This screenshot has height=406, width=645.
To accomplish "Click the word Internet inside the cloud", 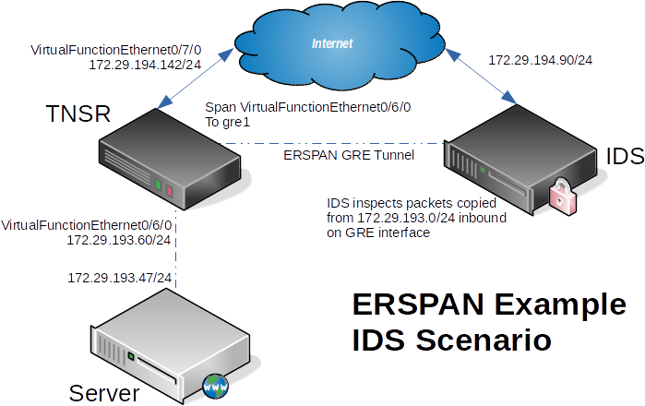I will [x=332, y=43].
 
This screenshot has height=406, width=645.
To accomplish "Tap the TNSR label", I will [x=78, y=114].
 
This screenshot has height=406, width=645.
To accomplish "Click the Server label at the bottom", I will [x=104, y=394].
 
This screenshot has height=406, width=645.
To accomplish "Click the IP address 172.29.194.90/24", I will [x=540, y=60].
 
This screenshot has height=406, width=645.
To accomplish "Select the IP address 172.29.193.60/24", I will [x=119, y=240].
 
